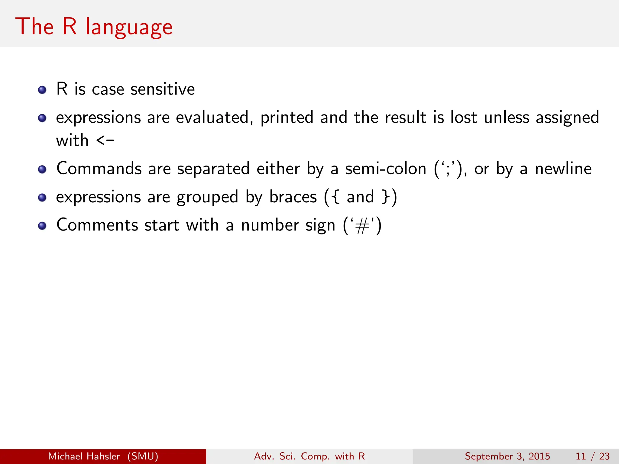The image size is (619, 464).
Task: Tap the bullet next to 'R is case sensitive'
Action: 42,90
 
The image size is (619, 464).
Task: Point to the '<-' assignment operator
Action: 105,140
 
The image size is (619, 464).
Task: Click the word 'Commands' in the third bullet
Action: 99,169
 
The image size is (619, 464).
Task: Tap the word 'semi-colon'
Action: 386,169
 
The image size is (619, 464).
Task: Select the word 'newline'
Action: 563,169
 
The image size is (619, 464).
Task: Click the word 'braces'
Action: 293,197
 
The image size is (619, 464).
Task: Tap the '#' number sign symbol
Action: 362,226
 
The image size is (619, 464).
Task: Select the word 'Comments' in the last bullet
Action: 97,225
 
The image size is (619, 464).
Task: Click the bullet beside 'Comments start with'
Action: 42,226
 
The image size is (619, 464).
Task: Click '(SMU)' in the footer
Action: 143,456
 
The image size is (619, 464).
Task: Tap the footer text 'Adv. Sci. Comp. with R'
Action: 309,456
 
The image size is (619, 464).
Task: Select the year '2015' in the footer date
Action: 539,456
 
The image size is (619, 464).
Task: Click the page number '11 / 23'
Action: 593,456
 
